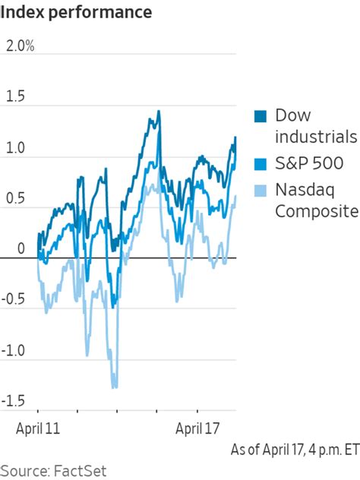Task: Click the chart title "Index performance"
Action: click(76, 13)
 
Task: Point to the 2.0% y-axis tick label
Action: click(20, 46)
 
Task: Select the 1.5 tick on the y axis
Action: click(15, 96)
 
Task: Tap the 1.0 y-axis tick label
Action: click(15, 147)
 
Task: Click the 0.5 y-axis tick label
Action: click(15, 198)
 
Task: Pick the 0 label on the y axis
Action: click(10, 248)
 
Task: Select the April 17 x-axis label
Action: click(200, 428)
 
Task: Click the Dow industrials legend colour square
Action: click(261, 116)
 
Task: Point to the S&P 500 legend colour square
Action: click(261, 163)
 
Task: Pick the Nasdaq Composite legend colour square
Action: click(261, 190)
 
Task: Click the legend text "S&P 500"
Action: click(309, 163)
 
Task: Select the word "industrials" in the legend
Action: click(315, 137)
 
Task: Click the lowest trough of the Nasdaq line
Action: click(115, 387)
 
